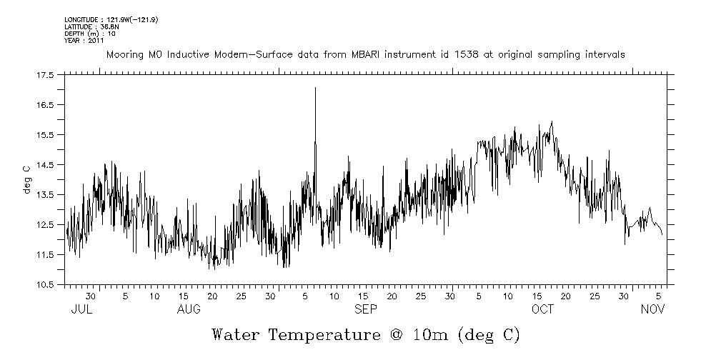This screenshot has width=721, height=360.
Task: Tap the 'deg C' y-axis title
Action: pyautogui.click(x=26, y=179)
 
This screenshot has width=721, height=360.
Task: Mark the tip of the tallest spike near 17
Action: pyautogui.click(x=315, y=88)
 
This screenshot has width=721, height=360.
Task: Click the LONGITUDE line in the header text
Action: pyautogui.click(x=111, y=20)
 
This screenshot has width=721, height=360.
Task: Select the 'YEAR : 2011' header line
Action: pyautogui.click(x=84, y=40)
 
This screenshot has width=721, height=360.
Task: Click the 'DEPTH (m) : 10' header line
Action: pyautogui.click(x=90, y=34)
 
